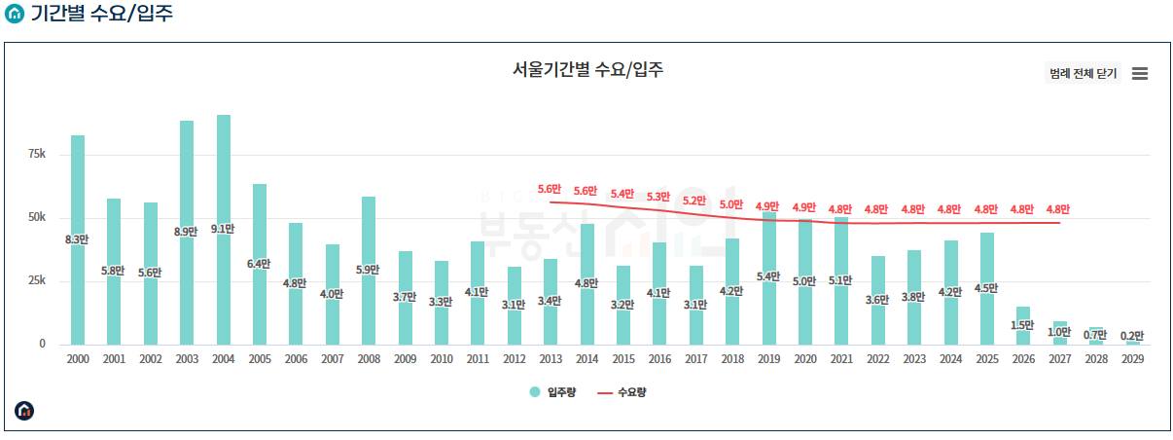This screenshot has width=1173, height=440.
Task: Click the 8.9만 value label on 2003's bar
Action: click(187, 232)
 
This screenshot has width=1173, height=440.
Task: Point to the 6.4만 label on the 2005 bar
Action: click(260, 264)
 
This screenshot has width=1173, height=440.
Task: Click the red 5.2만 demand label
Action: click(694, 202)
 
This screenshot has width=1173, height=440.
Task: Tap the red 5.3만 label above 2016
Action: click(658, 197)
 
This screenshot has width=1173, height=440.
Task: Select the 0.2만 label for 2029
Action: click(1132, 336)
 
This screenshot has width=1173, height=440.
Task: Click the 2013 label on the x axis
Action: click(551, 359)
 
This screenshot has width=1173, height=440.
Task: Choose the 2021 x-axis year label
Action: click(841, 359)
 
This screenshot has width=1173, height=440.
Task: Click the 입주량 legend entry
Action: click(552, 392)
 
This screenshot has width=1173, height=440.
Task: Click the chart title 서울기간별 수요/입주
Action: click(587, 70)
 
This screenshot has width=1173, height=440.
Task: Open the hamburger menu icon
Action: click(1140, 74)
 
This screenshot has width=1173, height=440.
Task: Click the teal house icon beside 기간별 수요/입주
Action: click(15, 15)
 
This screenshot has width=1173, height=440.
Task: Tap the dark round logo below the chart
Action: click(24, 411)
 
